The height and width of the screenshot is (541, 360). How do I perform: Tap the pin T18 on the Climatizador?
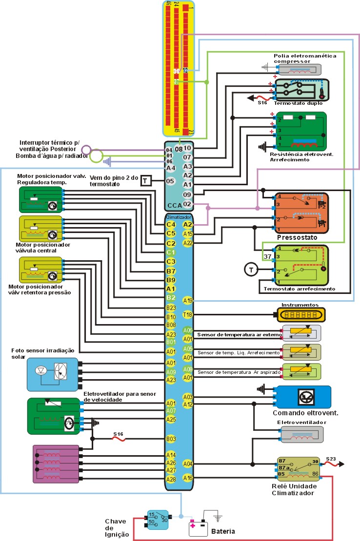tap(188, 315)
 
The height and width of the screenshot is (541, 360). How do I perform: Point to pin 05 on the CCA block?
tap(170, 181)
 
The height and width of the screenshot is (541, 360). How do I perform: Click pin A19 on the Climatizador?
tap(188, 300)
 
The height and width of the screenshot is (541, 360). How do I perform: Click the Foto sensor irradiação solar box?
tap(52, 374)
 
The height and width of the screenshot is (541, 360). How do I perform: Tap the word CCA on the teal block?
tap(175, 205)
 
